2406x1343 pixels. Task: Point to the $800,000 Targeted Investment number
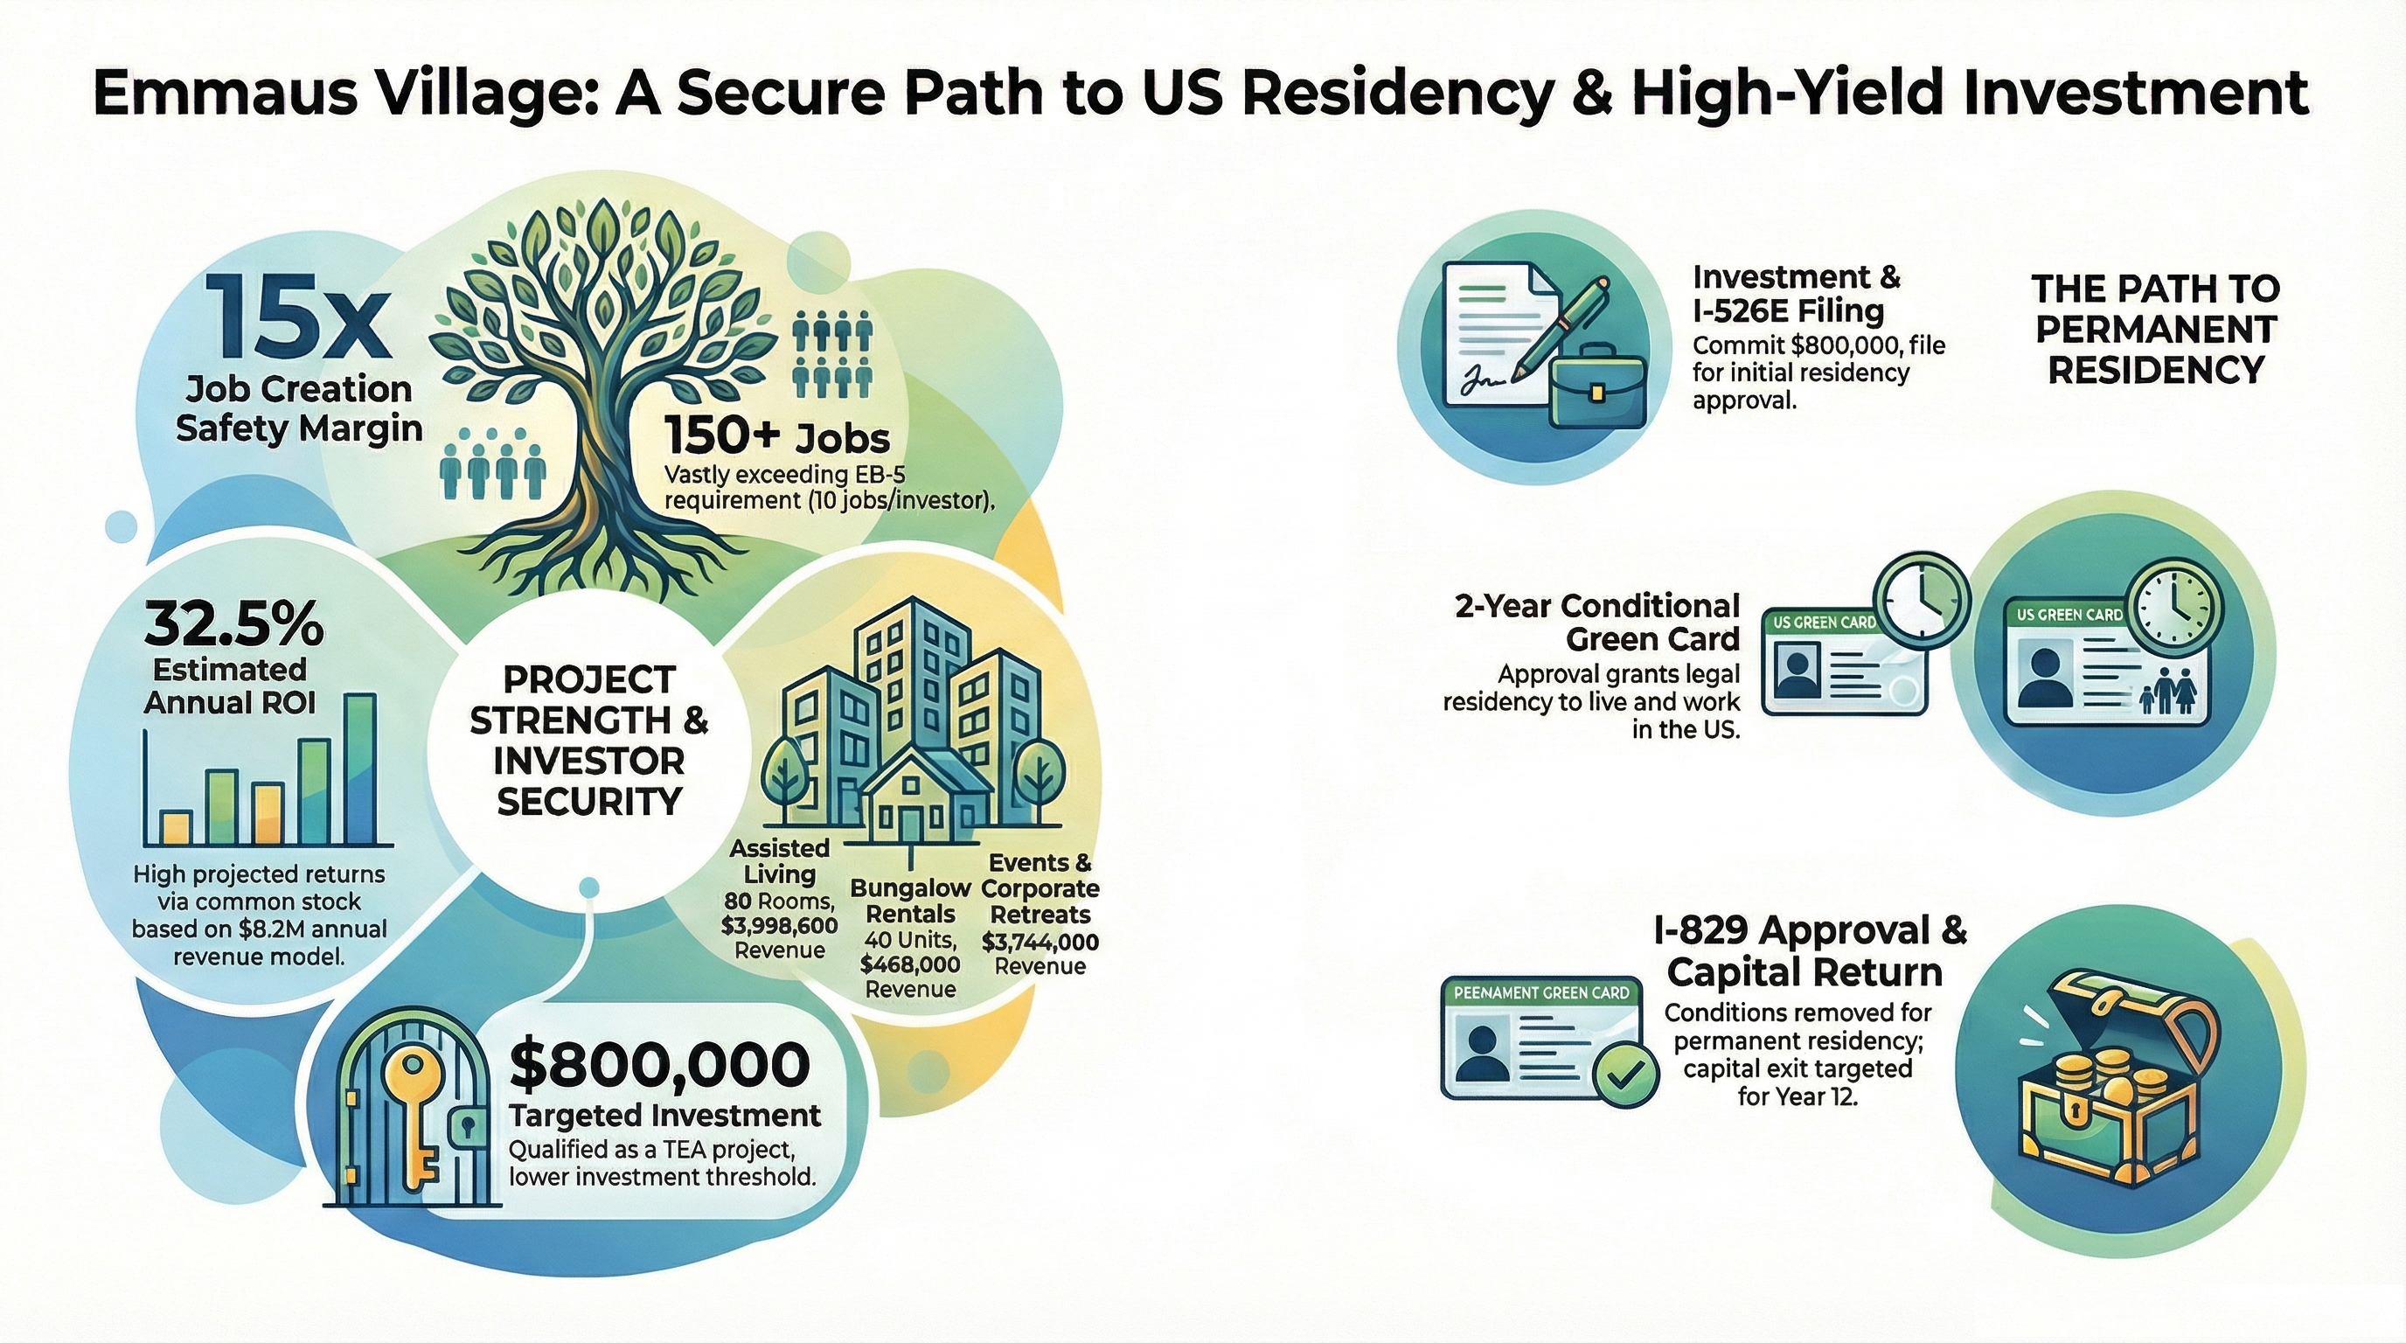tap(660, 1066)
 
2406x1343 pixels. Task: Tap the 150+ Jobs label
tap(777, 436)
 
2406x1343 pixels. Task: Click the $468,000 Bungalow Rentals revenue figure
tap(910, 964)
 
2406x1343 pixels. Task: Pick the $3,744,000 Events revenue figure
tap(1040, 943)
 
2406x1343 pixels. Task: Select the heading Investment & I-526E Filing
tap(1795, 293)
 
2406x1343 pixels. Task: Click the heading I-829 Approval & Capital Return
tap(1808, 950)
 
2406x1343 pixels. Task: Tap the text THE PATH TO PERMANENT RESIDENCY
tap(2156, 330)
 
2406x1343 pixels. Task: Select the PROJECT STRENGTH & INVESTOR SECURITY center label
tap(588, 740)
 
